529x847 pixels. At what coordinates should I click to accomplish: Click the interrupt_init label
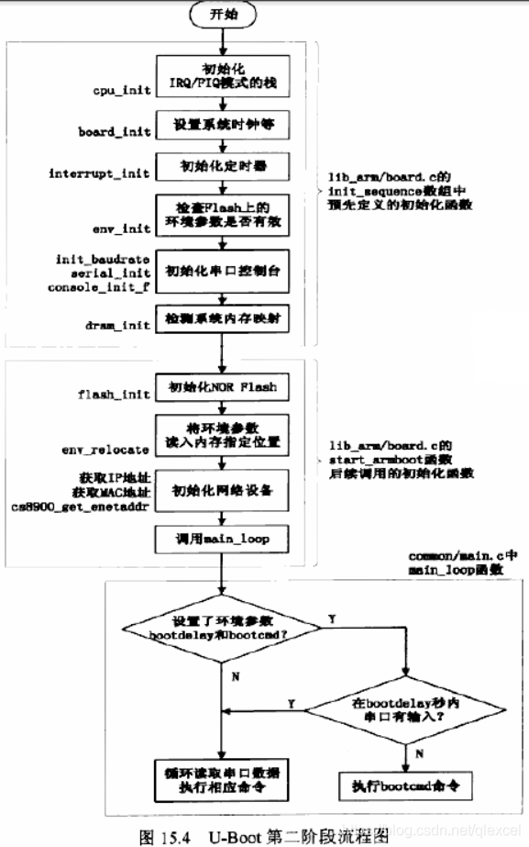click(102, 175)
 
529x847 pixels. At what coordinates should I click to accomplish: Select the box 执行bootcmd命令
click(404, 786)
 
